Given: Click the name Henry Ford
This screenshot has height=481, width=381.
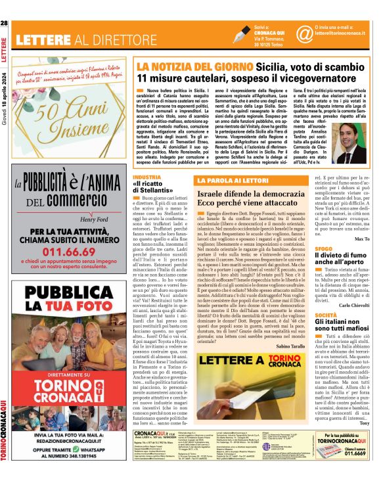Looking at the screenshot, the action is coord(96,219).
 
